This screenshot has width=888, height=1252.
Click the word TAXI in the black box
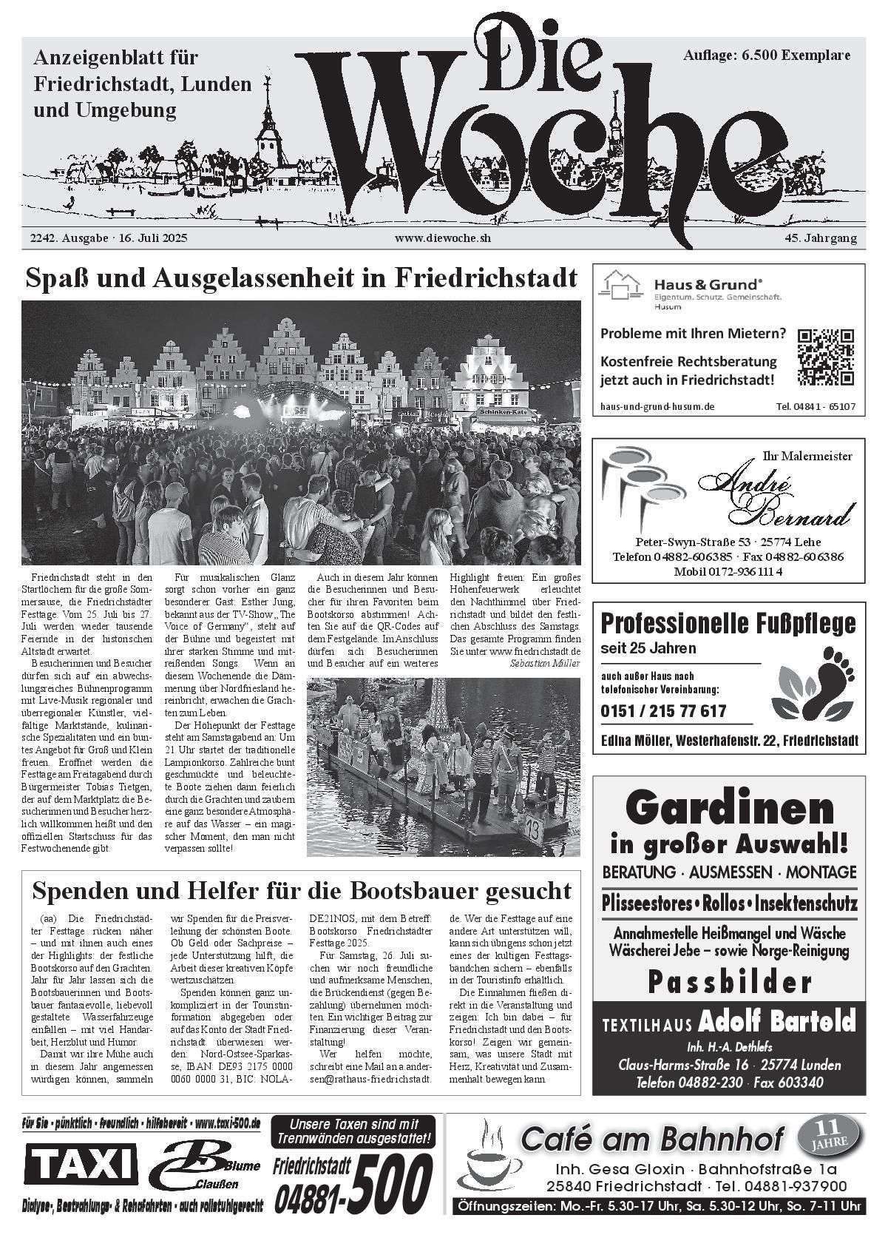pos(81,1165)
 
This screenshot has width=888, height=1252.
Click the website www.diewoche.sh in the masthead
pos(443,238)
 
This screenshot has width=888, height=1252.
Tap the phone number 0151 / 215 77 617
pos(663,711)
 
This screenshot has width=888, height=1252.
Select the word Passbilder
pos(730,983)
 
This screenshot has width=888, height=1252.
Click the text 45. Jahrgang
pos(821,238)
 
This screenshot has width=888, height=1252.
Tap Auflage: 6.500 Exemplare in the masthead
pos(766,55)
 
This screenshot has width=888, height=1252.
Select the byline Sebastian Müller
pos(545,663)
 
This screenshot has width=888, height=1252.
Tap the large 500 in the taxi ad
pos(390,1179)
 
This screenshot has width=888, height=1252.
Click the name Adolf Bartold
pos(776,1022)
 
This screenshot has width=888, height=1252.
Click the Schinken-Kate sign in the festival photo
pos(502,410)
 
